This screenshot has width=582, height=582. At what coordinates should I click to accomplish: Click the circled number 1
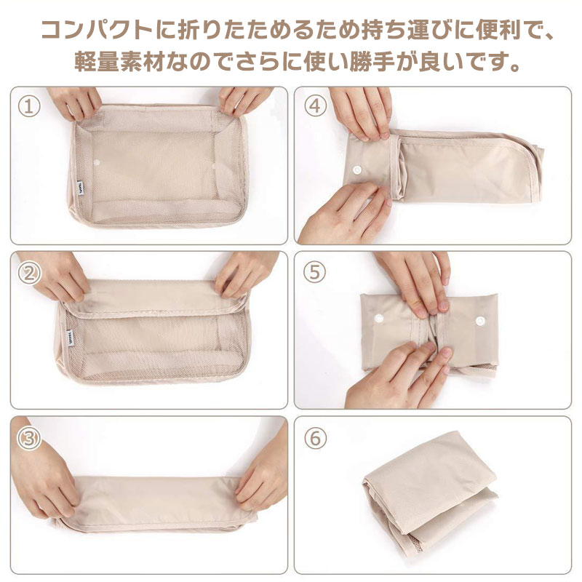(x=29, y=106)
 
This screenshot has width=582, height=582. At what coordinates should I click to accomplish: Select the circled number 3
(x=29, y=439)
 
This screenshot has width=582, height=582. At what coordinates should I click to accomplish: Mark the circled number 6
(x=315, y=438)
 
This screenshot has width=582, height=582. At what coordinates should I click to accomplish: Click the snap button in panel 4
(x=357, y=170)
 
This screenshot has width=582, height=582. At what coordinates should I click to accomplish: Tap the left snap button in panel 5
(x=378, y=318)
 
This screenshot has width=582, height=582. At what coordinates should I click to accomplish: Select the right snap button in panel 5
(x=480, y=321)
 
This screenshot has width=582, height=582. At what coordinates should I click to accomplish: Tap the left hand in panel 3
(x=44, y=475)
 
